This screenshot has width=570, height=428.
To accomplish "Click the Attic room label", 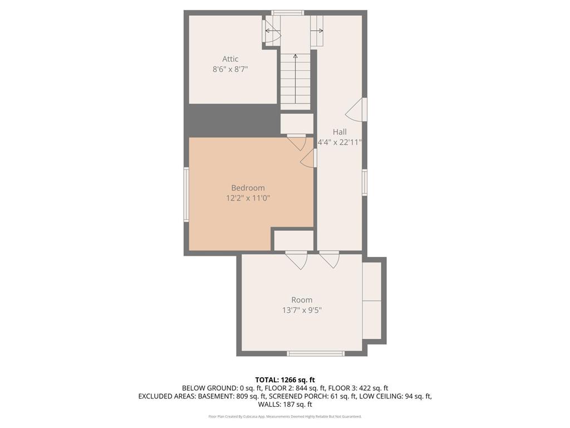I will [230, 59].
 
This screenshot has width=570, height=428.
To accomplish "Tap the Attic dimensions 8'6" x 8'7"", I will [230, 70].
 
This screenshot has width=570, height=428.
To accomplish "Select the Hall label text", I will [340, 132].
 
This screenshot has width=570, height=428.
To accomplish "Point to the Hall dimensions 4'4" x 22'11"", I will [340, 142].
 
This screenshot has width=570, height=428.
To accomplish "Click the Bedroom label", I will [248, 188].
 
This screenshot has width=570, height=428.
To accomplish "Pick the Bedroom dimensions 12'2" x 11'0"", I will [248, 198].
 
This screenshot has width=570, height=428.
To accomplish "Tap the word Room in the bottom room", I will [302, 300].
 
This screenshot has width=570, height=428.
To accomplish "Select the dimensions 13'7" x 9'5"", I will [302, 310].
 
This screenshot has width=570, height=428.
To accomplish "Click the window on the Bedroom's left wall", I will [187, 194].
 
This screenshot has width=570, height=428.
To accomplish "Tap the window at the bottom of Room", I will [316, 353].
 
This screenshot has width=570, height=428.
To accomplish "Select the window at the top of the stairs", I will [288, 12].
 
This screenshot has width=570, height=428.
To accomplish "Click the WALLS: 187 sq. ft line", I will [285, 405].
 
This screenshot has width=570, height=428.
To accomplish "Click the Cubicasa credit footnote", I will [285, 416].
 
